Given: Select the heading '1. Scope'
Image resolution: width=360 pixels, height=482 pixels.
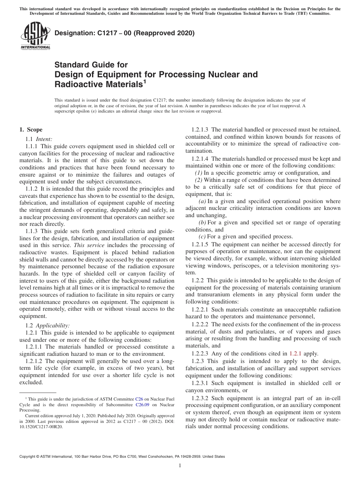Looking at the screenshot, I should [31, 130].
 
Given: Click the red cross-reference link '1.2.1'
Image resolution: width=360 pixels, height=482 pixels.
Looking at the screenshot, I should [295, 354].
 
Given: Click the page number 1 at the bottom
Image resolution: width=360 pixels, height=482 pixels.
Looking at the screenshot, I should [180, 466].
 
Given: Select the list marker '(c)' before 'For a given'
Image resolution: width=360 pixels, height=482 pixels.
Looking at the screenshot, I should [202, 236].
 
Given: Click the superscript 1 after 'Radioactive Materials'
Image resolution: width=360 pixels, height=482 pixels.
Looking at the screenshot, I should [144, 81].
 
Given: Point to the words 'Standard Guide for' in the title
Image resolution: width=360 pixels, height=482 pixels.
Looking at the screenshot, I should [91, 65].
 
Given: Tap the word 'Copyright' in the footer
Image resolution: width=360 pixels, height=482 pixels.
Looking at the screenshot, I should [29, 457].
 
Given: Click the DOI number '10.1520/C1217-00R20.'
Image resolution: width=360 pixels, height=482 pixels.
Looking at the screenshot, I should [41, 426].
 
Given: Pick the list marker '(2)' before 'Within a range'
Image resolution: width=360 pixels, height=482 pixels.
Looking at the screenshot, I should [199, 180].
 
